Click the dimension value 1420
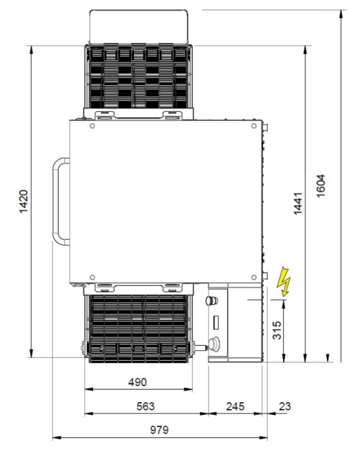pos(23,201)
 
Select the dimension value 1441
pos(298,203)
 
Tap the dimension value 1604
pos(320,186)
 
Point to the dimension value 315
pos(276,331)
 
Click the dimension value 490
pos(138,382)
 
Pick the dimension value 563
pos(145,407)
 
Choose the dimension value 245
pos(235,407)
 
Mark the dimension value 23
pos(285,407)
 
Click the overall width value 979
pos(159,430)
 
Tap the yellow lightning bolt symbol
pos(284,281)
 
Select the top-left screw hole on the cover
pos(93,126)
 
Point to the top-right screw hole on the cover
pos(254,126)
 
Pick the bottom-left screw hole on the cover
pos(93,277)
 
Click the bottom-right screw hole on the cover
pos(254,277)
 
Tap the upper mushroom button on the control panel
pos(212,301)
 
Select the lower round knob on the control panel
pos(214,345)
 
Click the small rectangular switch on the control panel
pos(216,322)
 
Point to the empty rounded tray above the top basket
pos(139,26)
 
